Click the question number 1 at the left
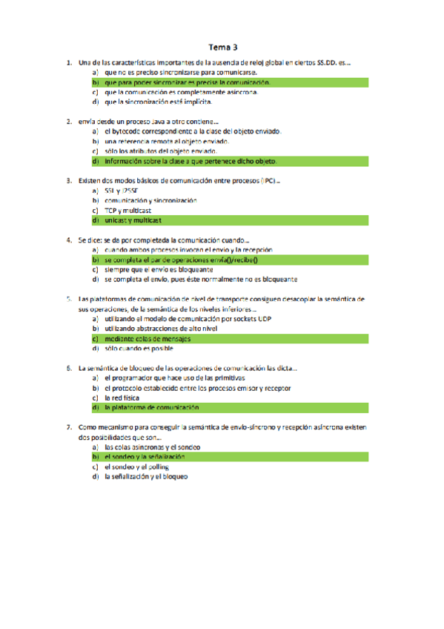click(x=68, y=64)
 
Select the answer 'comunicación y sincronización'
click(x=150, y=200)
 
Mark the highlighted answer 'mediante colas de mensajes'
click(x=148, y=338)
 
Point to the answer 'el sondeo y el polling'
click(x=137, y=467)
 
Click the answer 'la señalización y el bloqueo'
click(x=146, y=477)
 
